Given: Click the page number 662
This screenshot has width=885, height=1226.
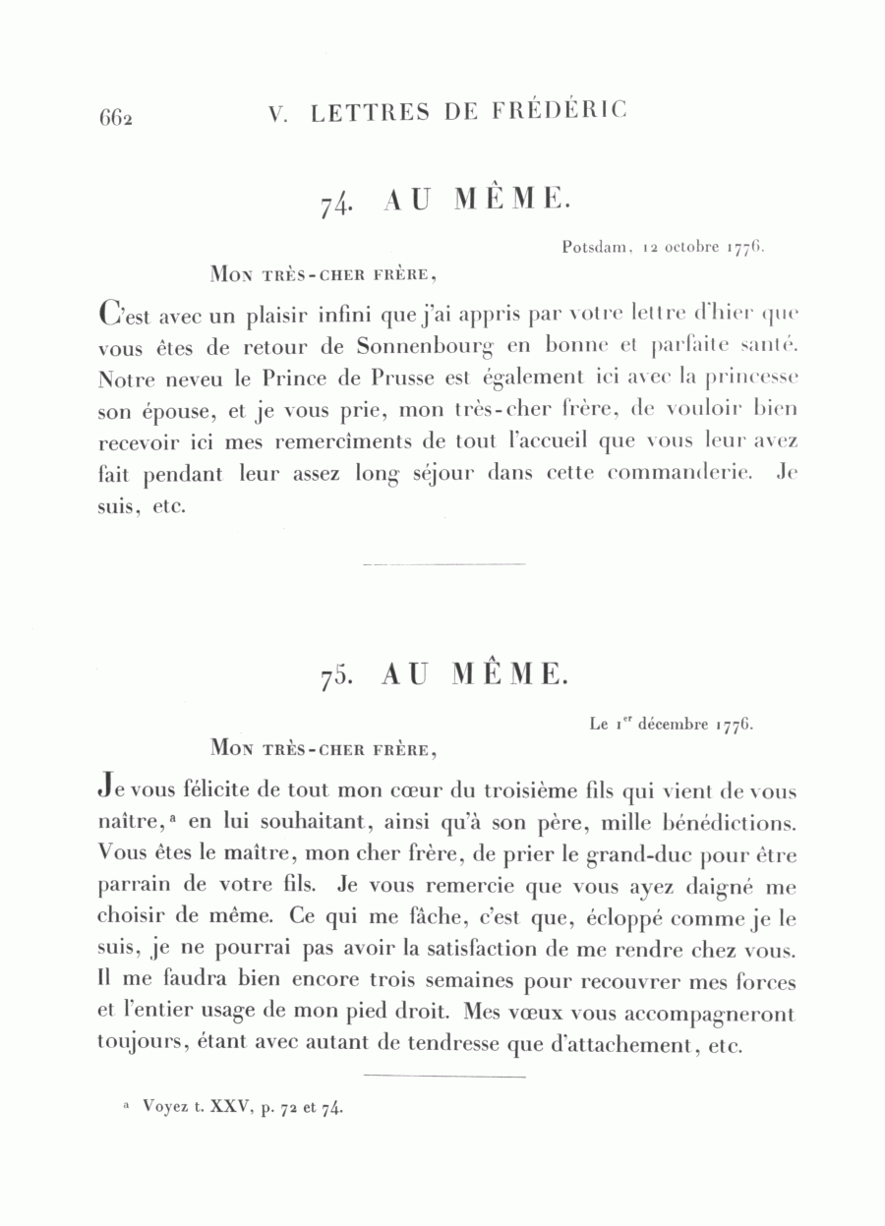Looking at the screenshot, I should coord(115,117).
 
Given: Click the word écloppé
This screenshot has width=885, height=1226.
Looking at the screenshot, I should coord(636,919).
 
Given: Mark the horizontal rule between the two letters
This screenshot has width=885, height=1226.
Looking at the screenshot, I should coord(443,564).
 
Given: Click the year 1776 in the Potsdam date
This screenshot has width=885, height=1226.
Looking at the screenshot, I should coord(745,249).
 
